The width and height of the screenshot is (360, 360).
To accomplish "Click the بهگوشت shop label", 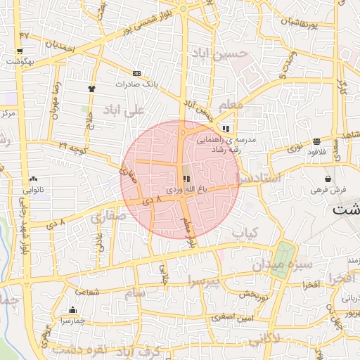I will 20,63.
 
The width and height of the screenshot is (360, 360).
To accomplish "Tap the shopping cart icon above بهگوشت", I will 20,51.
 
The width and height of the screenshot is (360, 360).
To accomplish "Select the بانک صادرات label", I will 134,83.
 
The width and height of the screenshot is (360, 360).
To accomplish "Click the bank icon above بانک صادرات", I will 136,72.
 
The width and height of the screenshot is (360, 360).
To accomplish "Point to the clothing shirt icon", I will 91,89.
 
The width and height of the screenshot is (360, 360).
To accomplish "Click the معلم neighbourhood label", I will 231,105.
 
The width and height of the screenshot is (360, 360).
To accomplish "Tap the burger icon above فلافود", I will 317,141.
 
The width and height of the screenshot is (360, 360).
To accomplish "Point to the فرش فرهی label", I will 329,190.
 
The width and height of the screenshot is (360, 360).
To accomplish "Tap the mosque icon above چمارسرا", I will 72,309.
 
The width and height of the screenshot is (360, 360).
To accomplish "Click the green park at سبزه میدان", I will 283,259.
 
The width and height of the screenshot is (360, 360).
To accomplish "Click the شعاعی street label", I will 87,291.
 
